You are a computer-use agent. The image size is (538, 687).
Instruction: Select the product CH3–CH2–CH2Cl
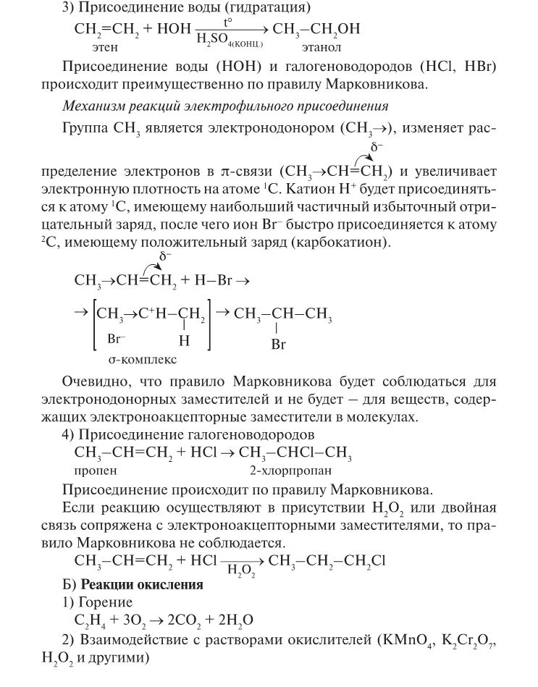(x=321, y=560)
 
